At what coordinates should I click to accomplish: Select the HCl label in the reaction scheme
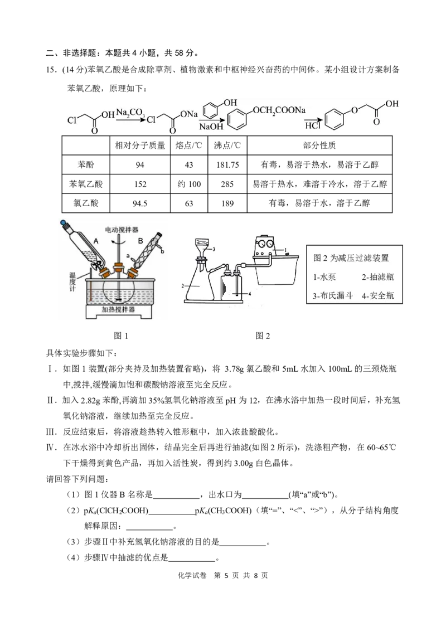[313, 127]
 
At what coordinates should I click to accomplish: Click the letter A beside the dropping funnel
[95, 241]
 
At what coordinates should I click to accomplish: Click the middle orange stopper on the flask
[118, 268]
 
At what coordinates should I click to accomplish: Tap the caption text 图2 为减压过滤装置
[351, 258]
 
